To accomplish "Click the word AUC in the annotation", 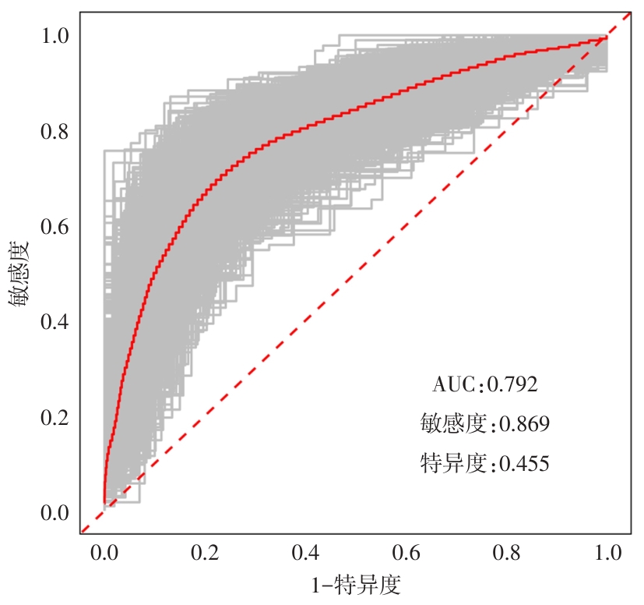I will point(454,384).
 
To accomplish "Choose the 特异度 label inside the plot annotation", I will point(453,465).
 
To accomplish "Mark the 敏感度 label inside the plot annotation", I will point(453,424).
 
